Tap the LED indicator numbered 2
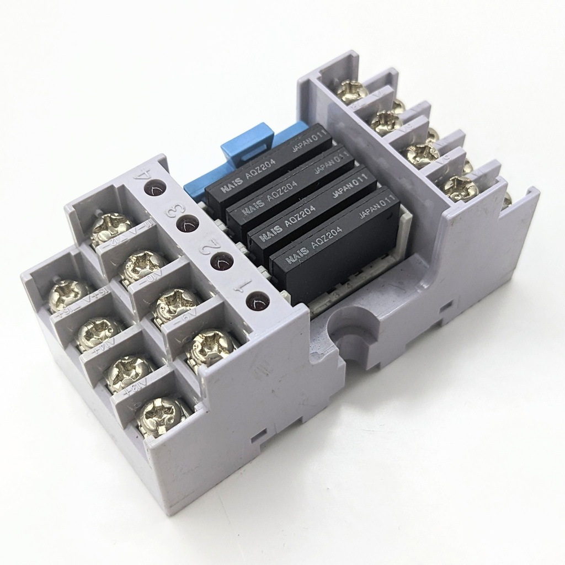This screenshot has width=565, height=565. coord(220,260)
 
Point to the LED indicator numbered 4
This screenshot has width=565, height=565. coord(154,188)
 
